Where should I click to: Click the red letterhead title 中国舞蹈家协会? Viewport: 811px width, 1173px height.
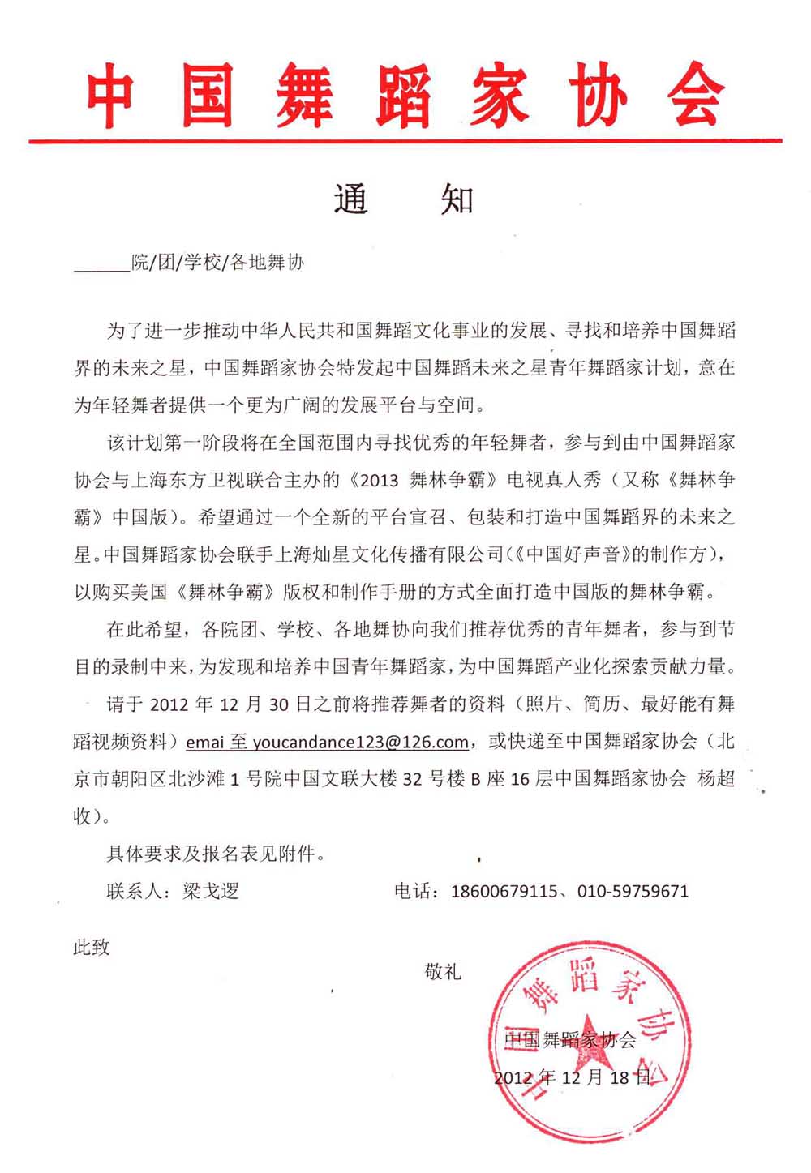(405, 96)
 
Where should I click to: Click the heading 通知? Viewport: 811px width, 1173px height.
(403, 199)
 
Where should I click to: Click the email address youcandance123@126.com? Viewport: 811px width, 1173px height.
(361, 742)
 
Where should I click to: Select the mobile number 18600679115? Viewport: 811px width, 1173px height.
(504, 891)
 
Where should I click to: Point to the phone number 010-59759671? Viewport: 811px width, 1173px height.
(633, 891)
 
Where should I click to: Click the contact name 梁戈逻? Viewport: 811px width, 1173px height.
(211, 891)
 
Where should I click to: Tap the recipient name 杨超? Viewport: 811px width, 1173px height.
(716, 778)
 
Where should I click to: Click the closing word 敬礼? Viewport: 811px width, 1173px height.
(443, 970)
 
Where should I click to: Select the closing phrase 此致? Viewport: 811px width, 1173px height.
(92, 947)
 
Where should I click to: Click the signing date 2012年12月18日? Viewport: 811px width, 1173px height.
(573, 1077)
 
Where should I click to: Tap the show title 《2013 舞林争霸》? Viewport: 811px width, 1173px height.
(427, 479)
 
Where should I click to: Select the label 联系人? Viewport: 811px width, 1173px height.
(134, 891)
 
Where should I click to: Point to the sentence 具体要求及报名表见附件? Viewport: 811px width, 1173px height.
(216, 853)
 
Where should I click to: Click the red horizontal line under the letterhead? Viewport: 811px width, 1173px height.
(405, 141)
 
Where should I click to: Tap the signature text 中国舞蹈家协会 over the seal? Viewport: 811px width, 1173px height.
(571, 1040)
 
